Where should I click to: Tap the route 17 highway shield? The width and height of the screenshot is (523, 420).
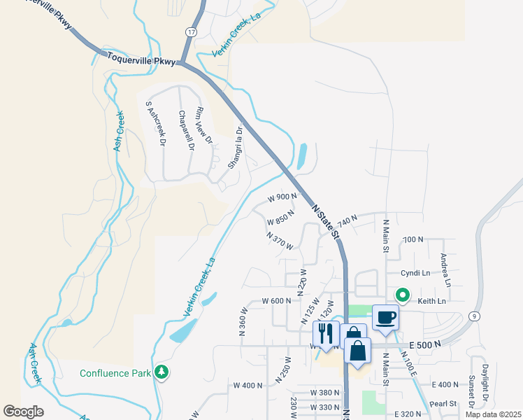[191, 32]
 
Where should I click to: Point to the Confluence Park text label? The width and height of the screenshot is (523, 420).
[115, 373]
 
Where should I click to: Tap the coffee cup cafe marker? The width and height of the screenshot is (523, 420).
[386, 317]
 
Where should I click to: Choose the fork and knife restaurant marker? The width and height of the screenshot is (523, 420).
[325, 332]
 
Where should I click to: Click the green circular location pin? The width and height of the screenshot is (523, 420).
[403, 295]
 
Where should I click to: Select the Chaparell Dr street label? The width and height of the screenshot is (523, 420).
[185, 131]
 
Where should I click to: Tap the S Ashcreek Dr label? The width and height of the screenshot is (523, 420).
[155, 123]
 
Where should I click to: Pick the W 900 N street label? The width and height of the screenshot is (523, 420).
[282, 197]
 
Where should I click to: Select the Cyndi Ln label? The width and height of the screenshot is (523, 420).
[415, 272]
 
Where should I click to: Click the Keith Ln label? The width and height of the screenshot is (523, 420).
[431, 302]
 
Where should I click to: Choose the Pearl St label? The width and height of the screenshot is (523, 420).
[444, 404]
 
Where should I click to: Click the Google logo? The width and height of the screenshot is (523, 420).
[23, 411]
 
